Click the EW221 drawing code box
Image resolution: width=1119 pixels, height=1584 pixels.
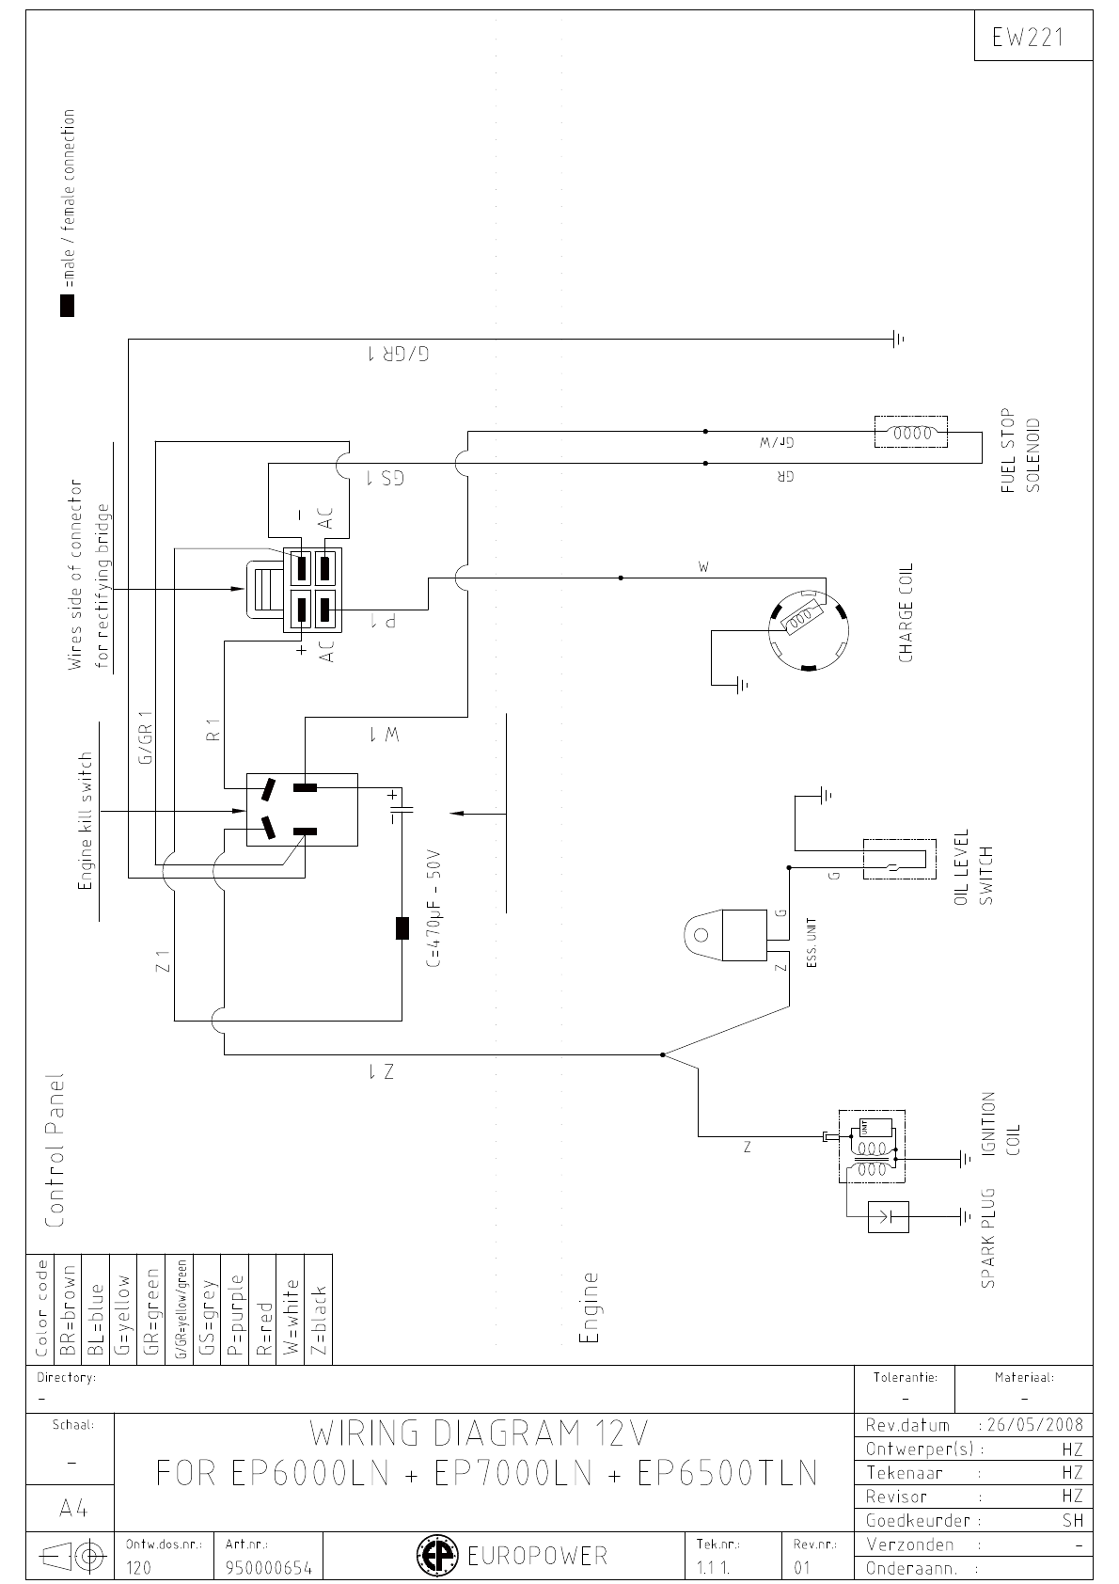(1033, 37)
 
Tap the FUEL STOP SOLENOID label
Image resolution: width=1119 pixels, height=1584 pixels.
(1020, 451)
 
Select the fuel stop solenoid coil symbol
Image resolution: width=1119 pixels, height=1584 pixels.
(910, 434)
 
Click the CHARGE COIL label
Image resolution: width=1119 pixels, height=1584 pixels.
(906, 612)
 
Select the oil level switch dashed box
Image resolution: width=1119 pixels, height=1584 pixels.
(899, 859)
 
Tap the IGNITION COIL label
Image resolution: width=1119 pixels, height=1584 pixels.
(1000, 1124)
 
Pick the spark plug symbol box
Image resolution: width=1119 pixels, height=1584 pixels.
(889, 1217)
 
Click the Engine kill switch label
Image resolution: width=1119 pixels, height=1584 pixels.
(86, 821)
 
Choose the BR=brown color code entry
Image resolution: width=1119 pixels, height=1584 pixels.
(68, 1308)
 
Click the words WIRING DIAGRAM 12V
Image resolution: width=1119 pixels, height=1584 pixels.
(480, 1434)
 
